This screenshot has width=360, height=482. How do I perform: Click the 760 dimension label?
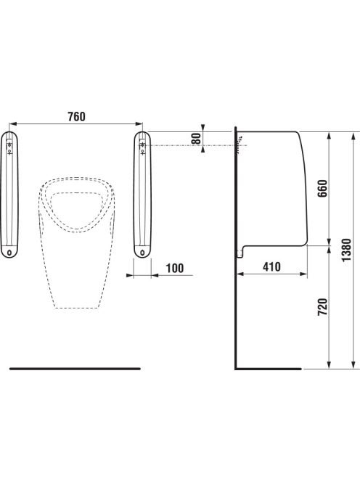[76, 117]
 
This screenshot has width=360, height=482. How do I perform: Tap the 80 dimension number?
[196, 139]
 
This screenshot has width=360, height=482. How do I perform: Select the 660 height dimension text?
[322, 189]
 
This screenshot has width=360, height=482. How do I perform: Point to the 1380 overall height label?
[346, 250]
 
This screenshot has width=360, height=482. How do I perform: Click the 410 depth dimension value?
[271, 267]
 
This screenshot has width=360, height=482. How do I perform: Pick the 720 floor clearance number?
[322, 307]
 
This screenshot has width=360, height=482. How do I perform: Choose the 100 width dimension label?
[175, 268]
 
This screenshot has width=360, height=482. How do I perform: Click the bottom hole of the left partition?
[9, 253]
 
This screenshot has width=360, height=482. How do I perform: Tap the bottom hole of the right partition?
[142, 253]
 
